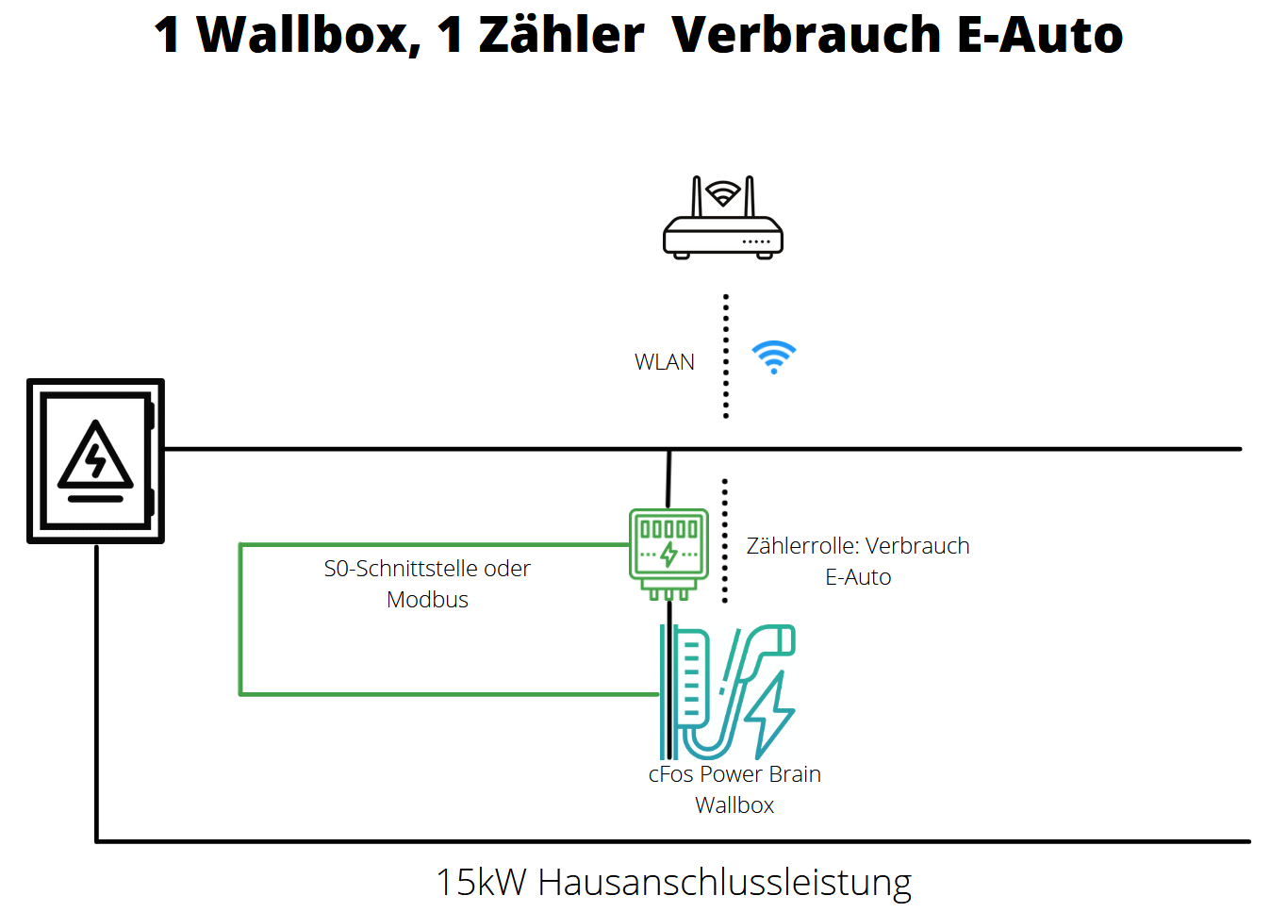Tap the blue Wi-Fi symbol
(774, 357)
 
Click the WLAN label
(664, 362)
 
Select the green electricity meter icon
(668, 553)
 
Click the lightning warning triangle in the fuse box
(95, 457)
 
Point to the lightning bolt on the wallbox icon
(772, 714)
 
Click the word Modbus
(427, 600)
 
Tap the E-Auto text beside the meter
(858, 577)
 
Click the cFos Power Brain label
(734, 774)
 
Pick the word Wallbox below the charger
(734, 805)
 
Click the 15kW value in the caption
(480, 883)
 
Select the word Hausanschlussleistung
(724, 883)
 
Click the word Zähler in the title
(561, 35)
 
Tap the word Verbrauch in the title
(806, 35)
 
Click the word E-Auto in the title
(1040, 35)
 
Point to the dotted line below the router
(725, 356)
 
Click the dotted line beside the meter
(724, 540)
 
